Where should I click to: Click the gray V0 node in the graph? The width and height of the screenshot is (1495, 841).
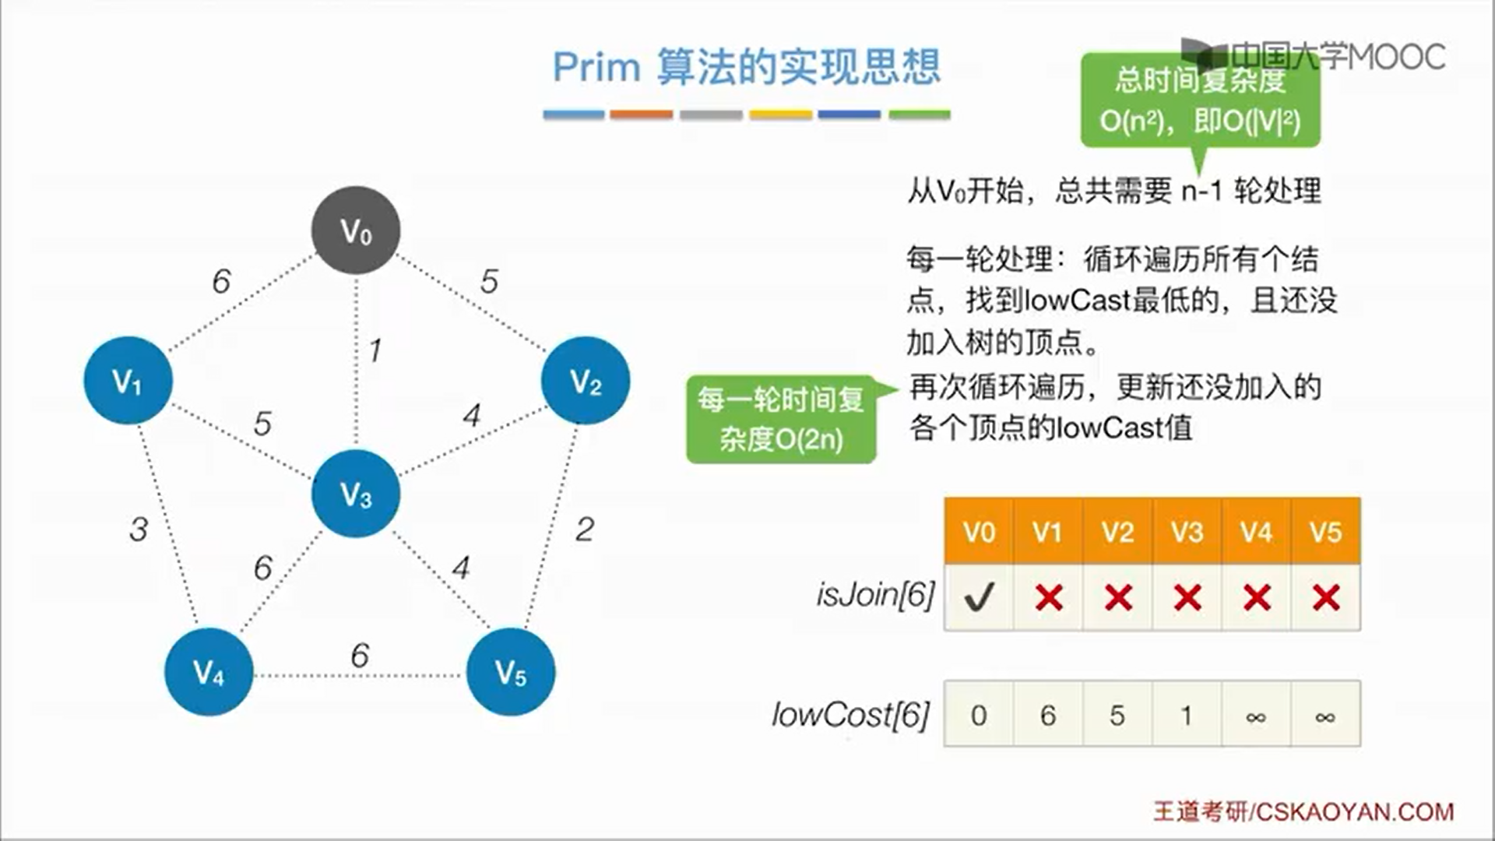pos(356,230)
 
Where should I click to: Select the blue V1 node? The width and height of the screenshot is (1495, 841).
pos(128,381)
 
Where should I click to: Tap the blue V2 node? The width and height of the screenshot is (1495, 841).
pos(585,381)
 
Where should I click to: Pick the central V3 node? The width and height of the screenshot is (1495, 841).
pos(356,493)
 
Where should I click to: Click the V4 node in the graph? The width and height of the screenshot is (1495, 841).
pos(209,671)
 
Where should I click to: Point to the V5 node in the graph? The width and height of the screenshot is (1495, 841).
pos(510,671)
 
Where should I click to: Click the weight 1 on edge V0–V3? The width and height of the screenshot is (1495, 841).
pos(375,350)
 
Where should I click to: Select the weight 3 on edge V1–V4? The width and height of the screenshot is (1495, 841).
pos(139,530)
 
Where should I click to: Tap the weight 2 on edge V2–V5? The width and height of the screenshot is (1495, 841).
pos(585,530)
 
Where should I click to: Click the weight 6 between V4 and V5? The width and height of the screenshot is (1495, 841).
pos(359,656)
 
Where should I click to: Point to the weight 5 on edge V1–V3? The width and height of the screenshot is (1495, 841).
pos(262,424)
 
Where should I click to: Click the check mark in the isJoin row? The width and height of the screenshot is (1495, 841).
pos(979,597)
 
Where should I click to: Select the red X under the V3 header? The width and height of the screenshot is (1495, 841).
pos(1187,597)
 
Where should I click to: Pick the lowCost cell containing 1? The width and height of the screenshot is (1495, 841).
pos(1187,714)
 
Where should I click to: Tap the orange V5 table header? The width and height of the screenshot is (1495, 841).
pos(1325,532)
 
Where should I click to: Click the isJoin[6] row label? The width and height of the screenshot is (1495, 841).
pos(875,595)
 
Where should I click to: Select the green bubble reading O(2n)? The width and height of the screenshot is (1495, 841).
pos(781,420)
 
